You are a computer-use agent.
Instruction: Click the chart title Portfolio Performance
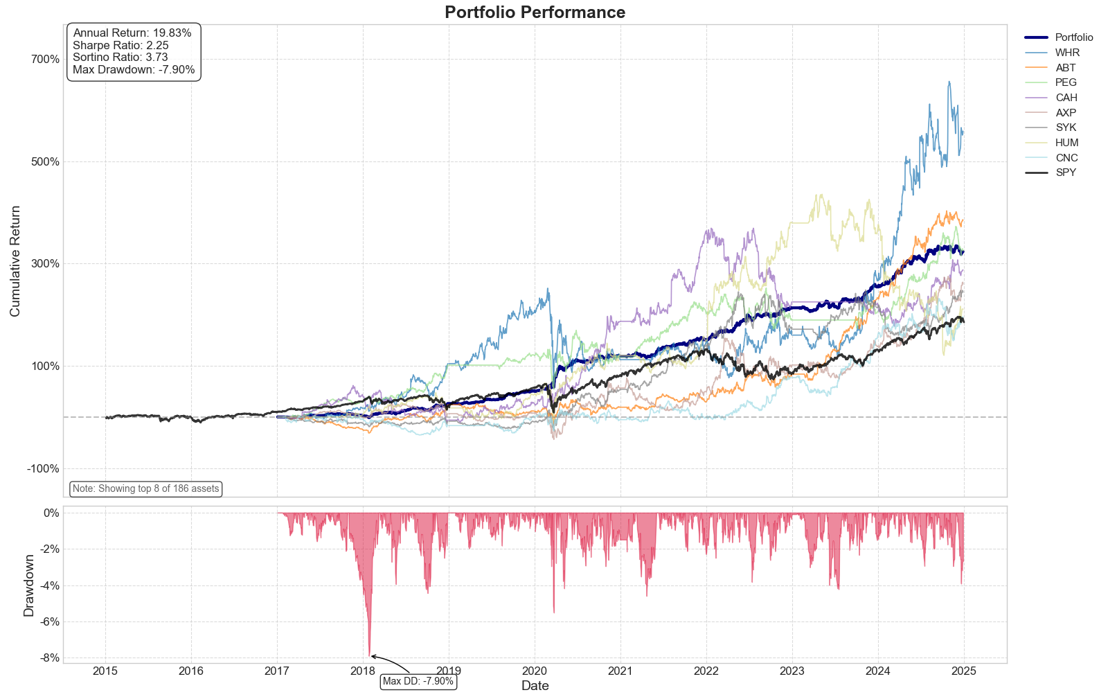click(535, 12)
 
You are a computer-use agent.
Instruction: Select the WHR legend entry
click(1067, 53)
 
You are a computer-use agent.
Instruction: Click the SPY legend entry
click(1066, 173)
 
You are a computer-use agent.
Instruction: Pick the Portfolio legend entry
click(1074, 37)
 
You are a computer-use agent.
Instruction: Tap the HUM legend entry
click(1067, 143)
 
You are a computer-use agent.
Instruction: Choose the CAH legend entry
click(1066, 98)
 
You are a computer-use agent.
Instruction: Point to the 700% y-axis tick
click(44, 59)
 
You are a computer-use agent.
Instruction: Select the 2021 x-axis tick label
click(620, 671)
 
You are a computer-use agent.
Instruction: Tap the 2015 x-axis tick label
click(105, 671)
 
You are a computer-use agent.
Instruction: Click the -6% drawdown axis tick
click(51, 621)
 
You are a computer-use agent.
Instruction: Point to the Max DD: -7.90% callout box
click(418, 681)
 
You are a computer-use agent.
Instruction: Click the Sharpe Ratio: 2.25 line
click(120, 46)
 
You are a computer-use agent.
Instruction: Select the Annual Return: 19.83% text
click(132, 33)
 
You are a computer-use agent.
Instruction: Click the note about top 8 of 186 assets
click(145, 488)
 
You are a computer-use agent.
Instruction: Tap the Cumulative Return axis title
click(15, 261)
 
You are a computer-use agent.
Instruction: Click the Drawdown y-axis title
click(28, 585)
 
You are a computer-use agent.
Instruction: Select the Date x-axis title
click(535, 686)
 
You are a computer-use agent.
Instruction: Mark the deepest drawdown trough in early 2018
click(369, 655)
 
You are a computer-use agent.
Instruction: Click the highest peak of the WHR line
click(949, 82)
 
